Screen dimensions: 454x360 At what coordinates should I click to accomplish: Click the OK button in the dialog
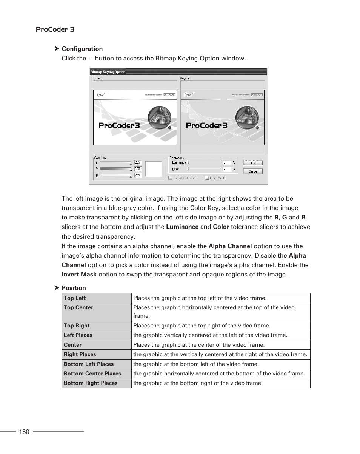point(253,163)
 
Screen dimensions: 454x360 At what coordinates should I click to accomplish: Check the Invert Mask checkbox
point(207,178)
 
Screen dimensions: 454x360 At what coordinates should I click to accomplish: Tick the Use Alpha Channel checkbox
point(171,178)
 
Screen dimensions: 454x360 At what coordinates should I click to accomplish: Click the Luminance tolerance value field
point(226,162)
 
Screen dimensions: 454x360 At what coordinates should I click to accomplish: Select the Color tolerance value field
point(226,168)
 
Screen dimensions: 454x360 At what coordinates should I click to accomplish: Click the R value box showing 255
point(138,162)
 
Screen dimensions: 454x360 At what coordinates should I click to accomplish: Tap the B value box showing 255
point(138,175)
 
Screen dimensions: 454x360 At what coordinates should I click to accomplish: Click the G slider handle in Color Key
point(131,170)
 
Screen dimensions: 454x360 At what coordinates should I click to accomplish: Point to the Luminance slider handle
point(189,162)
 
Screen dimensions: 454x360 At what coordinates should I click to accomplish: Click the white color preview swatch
point(153,169)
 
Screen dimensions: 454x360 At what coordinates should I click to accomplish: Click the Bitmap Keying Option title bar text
point(108,72)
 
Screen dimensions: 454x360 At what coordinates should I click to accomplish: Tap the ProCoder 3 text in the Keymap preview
point(206,125)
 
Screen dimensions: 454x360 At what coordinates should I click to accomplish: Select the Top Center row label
point(78,307)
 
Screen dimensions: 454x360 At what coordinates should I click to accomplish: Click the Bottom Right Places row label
point(91,383)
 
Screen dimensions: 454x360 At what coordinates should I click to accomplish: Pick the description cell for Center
point(199,345)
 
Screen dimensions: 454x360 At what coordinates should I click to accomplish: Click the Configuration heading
point(82,49)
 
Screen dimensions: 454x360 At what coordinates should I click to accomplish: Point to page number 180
point(24,432)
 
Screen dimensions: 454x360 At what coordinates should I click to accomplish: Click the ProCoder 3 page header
point(55,29)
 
